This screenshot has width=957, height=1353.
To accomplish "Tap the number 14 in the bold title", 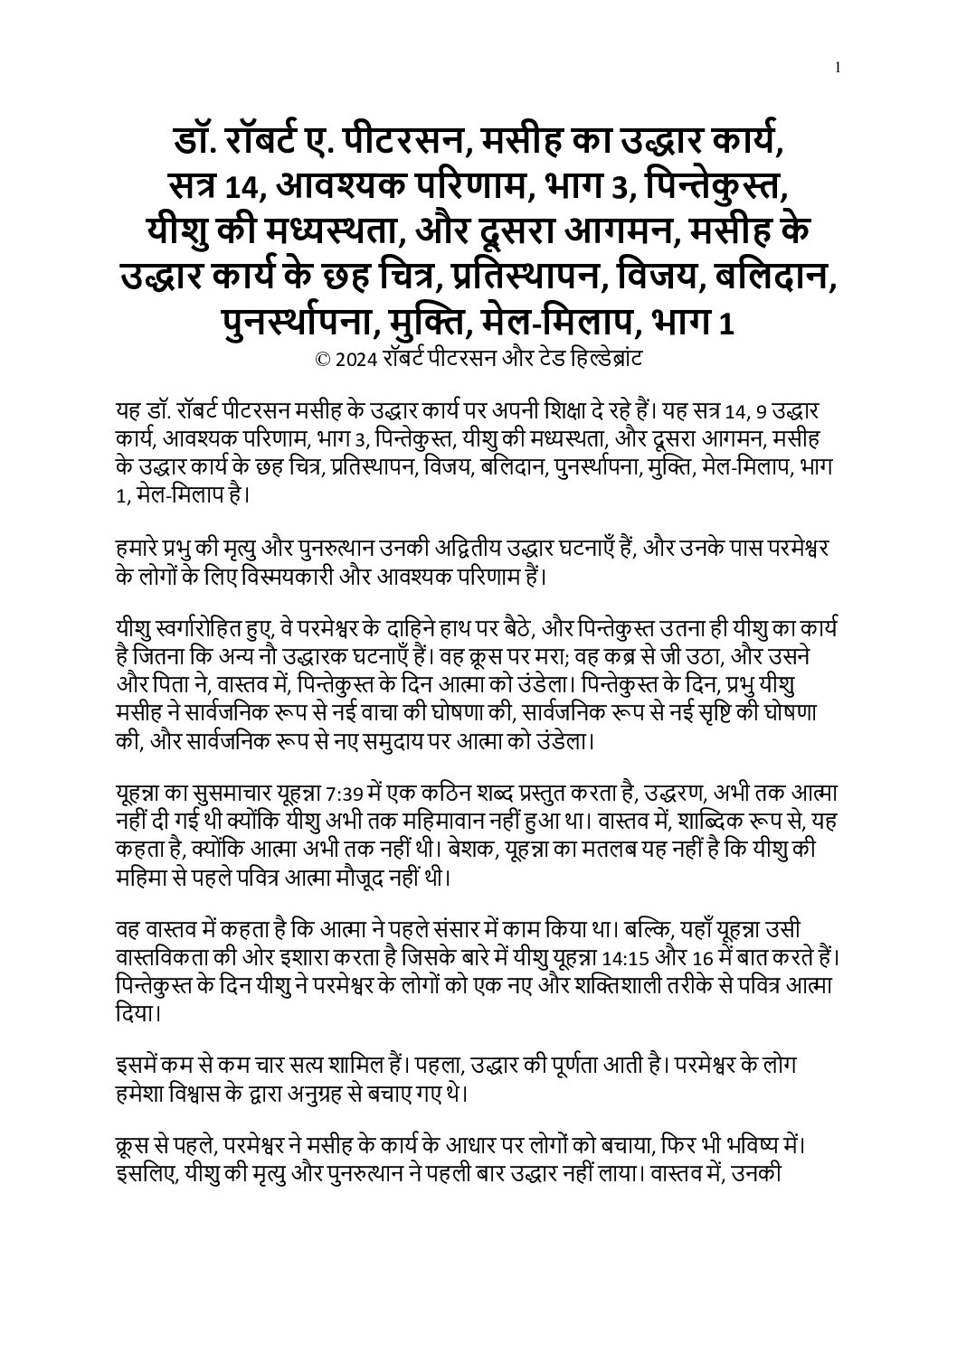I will pyautogui.click(x=240, y=187).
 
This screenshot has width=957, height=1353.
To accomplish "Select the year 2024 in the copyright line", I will pyautogui.click(x=354, y=359).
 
